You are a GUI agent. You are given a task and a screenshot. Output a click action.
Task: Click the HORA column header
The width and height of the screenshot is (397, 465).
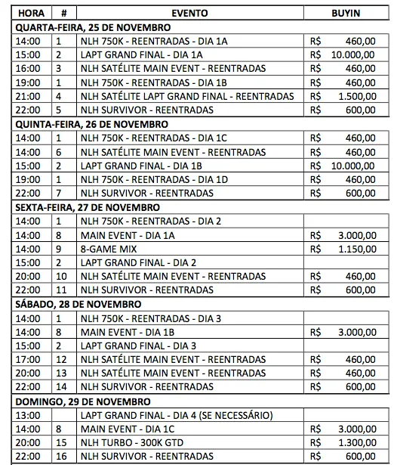point(31,14)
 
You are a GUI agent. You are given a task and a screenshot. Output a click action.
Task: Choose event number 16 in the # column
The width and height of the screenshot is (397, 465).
point(61,457)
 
